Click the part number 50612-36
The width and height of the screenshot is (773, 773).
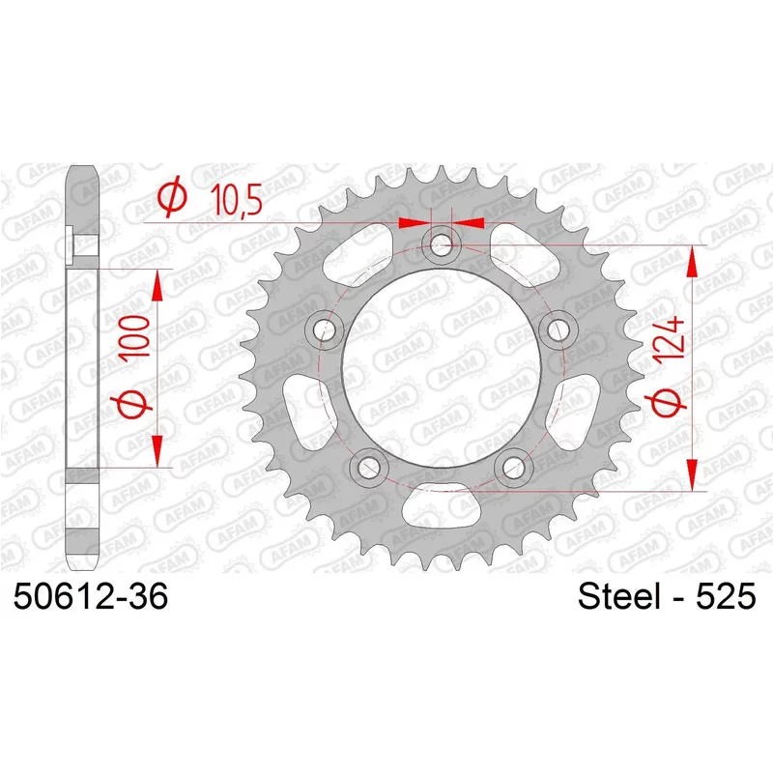click(91, 596)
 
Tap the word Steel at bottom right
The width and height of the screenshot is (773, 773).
click(618, 596)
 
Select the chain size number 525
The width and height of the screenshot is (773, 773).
click(726, 596)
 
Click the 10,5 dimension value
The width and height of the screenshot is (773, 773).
click(236, 198)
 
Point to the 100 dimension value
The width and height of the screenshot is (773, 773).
click(136, 337)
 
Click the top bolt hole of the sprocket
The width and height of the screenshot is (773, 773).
click(442, 244)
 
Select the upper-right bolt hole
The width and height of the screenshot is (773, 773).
click(558, 329)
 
